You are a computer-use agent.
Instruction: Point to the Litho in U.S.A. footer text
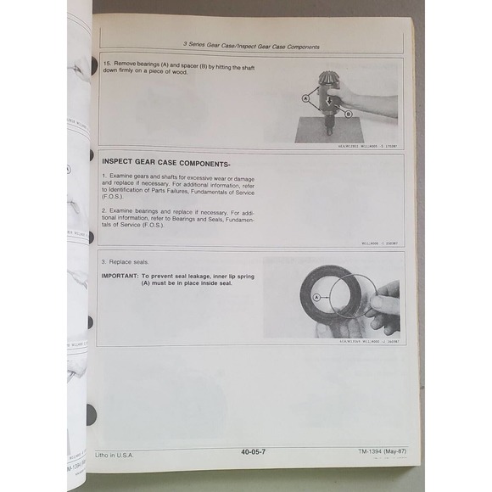pyautogui.click(x=115, y=455)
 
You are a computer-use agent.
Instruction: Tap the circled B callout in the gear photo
pyautogui.click(x=347, y=113)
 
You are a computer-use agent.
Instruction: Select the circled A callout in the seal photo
pyautogui.click(x=316, y=298)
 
